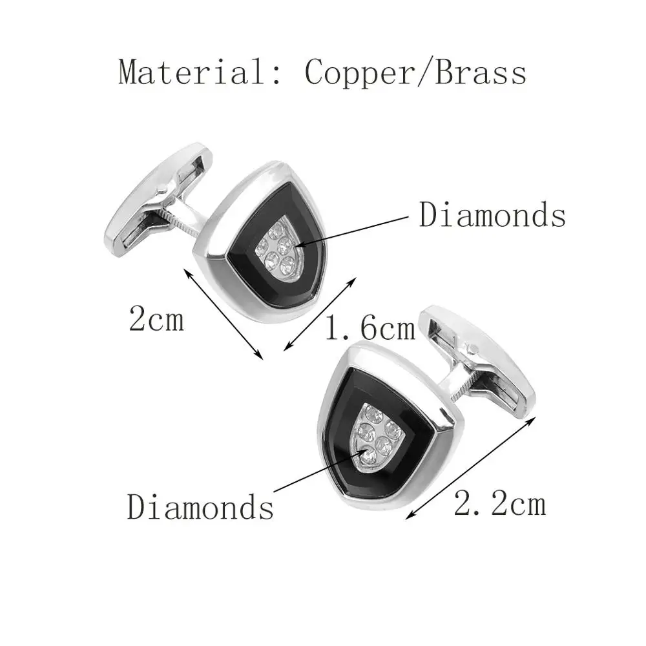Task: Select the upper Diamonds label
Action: click(492, 215)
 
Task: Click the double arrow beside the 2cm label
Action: click(224, 314)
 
